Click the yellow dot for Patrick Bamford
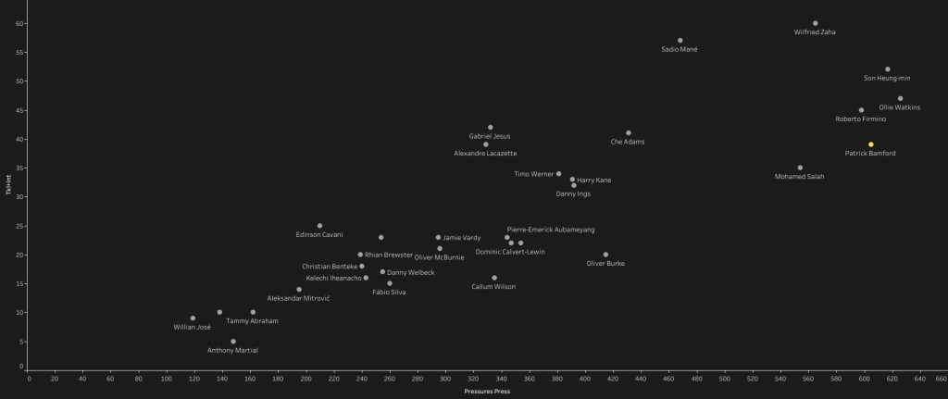tap(870, 144)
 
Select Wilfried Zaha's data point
tap(815, 23)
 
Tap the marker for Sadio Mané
tap(680, 41)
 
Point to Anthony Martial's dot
tap(233, 342)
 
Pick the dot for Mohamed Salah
tap(800, 168)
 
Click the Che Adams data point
tap(628, 133)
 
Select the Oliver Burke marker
tap(605, 255)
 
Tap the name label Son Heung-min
tap(887, 79)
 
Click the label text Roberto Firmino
tap(861, 119)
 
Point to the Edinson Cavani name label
tap(319, 235)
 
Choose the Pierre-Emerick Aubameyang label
tap(551, 230)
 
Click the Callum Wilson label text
tap(493, 287)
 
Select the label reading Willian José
tap(193, 327)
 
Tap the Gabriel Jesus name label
tap(490, 136)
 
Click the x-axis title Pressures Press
tap(487, 392)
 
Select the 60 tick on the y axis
tap(20, 23)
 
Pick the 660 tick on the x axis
tap(942, 378)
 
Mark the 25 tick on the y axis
tap(20, 226)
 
